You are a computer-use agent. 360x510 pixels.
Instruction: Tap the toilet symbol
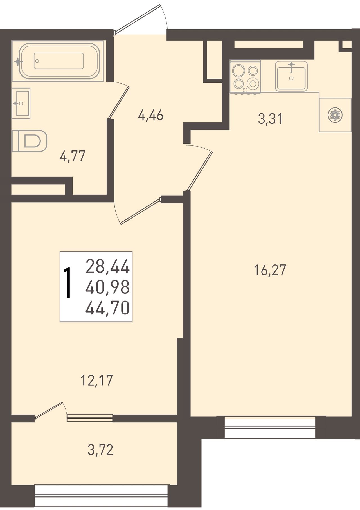(x=29, y=141)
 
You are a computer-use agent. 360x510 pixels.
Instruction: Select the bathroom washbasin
(x=21, y=103)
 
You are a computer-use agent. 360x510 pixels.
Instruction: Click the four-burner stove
(x=245, y=77)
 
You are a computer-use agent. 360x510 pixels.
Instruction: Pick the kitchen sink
(x=291, y=76)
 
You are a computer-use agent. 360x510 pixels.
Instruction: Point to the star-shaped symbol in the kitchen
(x=335, y=115)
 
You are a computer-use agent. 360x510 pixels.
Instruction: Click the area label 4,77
(x=72, y=156)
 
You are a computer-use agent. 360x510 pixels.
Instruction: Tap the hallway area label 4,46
(x=150, y=115)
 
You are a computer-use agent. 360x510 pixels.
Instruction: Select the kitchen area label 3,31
(x=270, y=119)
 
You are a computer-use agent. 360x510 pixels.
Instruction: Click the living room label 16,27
(x=270, y=270)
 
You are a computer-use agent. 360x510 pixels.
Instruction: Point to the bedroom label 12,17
(x=96, y=380)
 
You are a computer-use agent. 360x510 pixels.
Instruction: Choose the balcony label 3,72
(x=100, y=450)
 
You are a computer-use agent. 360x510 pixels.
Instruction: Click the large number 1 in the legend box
(x=67, y=282)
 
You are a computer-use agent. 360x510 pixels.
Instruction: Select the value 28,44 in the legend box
(x=107, y=267)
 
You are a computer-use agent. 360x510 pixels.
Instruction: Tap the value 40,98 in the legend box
(x=107, y=287)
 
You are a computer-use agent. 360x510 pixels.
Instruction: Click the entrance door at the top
(x=138, y=19)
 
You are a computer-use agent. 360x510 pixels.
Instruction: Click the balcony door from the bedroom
(x=48, y=412)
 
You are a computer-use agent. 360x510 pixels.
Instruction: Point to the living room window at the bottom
(x=270, y=427)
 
